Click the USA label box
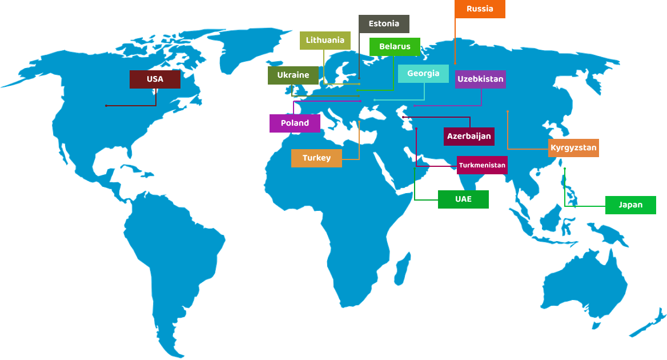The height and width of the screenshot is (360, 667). [x=155, y=79]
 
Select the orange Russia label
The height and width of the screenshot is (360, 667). [x=480, y=9]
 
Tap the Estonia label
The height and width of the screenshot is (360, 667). [x=384, y=24]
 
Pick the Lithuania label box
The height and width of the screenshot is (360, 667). [x=325, y=41]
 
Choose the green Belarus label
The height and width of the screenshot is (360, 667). [x=395, y=47]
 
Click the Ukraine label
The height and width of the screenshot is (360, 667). [x=293, y=75]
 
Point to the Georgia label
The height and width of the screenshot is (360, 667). [x=423, y=74]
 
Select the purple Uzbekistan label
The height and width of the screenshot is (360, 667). [x=480, y=79]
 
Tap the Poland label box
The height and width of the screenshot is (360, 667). [x=295, y=123]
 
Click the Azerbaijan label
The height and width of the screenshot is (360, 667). [x=469, y=137]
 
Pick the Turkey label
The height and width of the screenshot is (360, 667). [x=316, y=158]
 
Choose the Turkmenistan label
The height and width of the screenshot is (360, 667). [x=482, y=165]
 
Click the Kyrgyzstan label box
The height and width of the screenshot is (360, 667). [x=573, y=148]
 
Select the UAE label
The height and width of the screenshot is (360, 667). [x=463, y=199]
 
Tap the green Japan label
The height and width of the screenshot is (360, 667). [x=630, y=205]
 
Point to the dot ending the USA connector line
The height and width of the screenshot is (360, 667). [x=106, y=106]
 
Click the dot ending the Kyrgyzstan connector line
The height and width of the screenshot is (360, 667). [x=508, y=111]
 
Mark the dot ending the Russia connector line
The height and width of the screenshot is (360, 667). [x=455, y=63]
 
